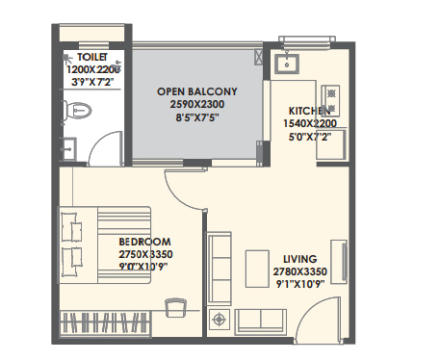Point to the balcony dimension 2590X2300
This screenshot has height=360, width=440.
pos(197,104)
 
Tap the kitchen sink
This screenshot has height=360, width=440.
pos(287,64)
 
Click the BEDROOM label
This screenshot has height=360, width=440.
pos(144,240)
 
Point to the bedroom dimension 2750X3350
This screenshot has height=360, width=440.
pos(144,252)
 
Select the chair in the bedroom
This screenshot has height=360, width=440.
pos(174,307)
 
